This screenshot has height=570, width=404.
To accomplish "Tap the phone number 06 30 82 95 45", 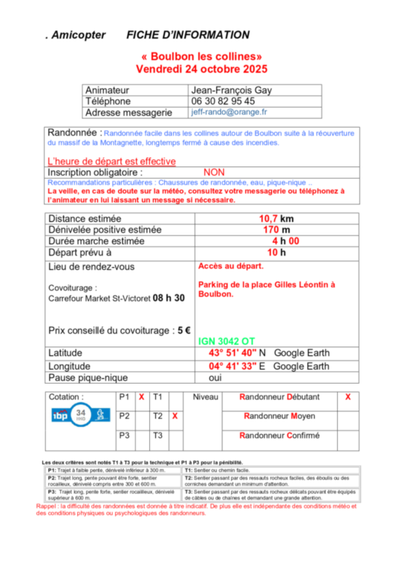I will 223,101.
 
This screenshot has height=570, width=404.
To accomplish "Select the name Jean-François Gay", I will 232,90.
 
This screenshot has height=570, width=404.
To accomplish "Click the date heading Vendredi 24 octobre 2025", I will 201,69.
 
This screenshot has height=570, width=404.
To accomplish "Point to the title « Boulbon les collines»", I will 201,56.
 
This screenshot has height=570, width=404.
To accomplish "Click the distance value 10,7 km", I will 276,219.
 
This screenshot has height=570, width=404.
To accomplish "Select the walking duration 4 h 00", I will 285,241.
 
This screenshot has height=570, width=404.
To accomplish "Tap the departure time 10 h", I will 276,252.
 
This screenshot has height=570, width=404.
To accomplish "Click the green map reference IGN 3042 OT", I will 227,341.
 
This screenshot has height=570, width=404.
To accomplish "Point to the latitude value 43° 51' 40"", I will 233,353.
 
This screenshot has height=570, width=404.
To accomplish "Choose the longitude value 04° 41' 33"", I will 232,366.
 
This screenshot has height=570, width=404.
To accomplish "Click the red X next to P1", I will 141,397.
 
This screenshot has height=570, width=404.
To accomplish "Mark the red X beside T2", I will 175,416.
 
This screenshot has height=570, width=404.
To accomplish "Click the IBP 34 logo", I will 71,414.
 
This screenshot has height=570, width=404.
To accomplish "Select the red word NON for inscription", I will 213,172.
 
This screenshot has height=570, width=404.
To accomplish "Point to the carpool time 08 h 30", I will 169,298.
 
